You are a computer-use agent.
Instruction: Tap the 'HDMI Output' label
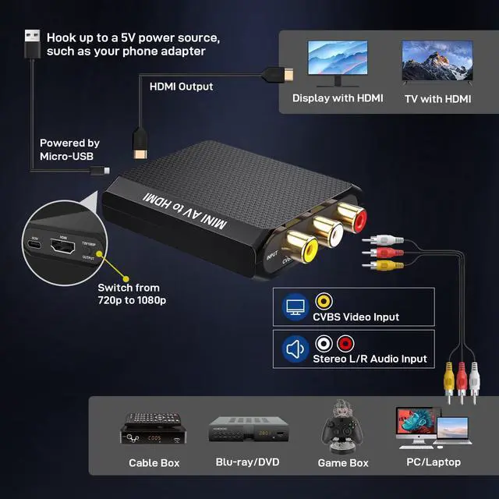pyautogui.click(x=181, y=87)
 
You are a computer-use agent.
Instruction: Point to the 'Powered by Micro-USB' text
pyautogui.click(x=69, y=150)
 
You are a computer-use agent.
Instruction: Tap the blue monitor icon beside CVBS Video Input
pyautogui.click(x=294, y=306)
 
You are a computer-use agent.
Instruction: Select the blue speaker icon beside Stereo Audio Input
pyautogui.click(x=294, y=349)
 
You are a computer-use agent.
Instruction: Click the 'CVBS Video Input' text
pyautogui.click(x=356, y=317)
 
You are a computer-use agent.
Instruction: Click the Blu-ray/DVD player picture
pyautogui.click(x=246, y=431)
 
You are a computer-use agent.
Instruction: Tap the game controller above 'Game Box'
pyautogui.click(x=343, y=427)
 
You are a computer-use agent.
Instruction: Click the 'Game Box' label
pyautogui.click(x=343, y=463)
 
